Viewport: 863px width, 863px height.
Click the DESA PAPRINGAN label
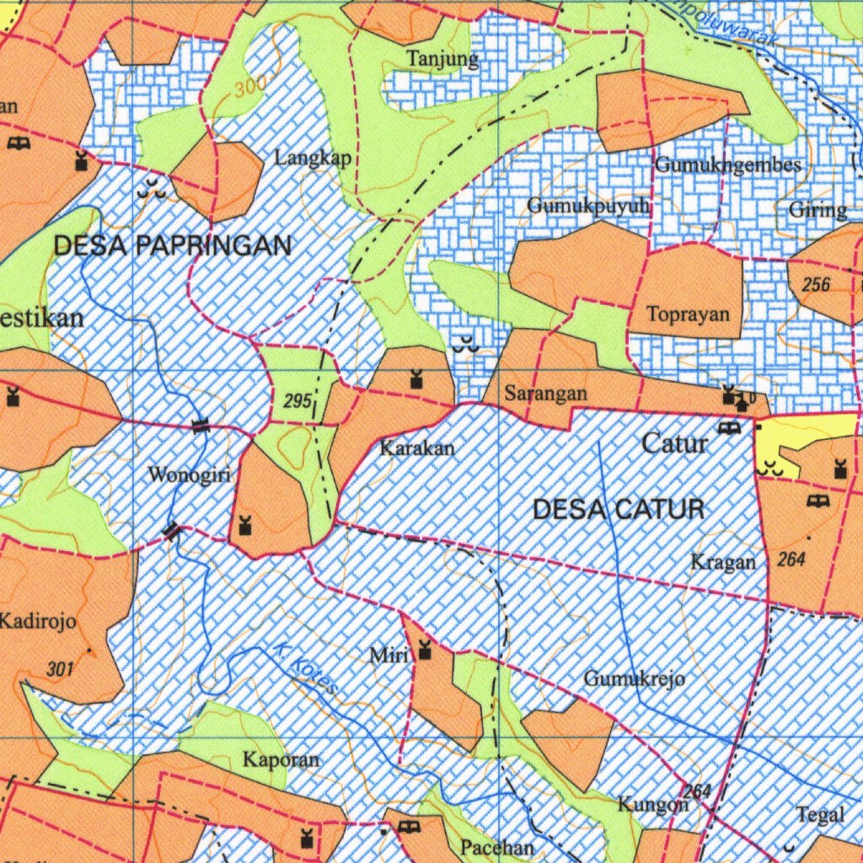click(x=172, y=246)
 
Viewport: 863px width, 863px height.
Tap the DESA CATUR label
click(x=619, y=509)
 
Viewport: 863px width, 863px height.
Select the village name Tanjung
click(x=442, y=59)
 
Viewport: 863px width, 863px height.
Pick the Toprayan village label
click(x=688, y=314)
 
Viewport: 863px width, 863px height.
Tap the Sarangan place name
click(x=546, y=393)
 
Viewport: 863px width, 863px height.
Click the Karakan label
click(x=416, y=448)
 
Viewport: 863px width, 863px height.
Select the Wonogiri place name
click(x=189, y=474)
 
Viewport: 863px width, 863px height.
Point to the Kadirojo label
click(x=38, y=623)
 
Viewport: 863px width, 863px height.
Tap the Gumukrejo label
click(x=634, y=678)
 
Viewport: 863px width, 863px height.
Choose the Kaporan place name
click(x=281, y=759)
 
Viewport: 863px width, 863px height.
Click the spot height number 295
click(x=297, y=402)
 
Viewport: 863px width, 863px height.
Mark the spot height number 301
click(x=60, y=670)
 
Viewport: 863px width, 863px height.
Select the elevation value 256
click(x=816, y=285)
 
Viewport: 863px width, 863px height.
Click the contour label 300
click(x=251, y=87)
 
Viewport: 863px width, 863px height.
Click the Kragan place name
click(x=723, y=561)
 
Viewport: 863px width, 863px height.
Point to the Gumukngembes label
click(x=728, y=164)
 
